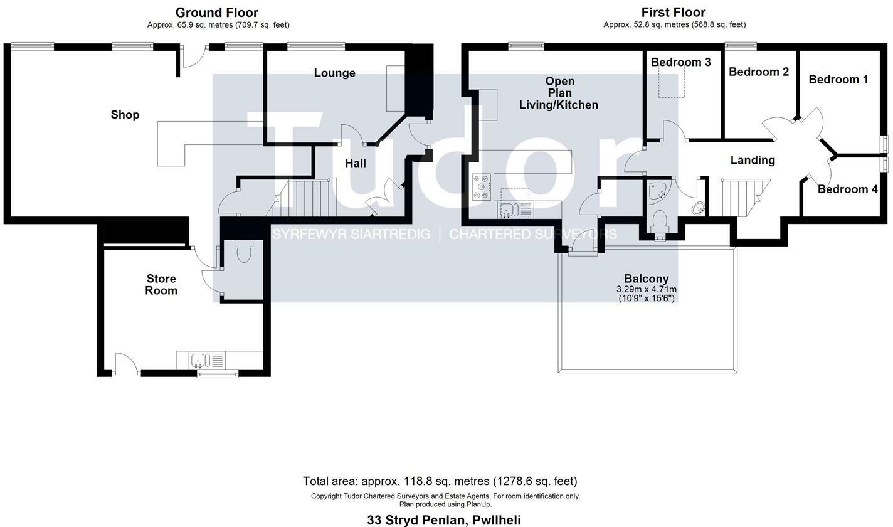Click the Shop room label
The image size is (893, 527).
coord(125,115)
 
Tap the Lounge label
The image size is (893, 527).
coord(334,73)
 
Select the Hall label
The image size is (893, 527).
coord(355,163)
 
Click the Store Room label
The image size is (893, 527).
coord(161,285)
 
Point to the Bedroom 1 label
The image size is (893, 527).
coord(838,80)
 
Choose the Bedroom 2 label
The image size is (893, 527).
coord(758,72)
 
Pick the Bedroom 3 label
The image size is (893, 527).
coord(680,62)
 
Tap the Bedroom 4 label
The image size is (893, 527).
coord(847,189)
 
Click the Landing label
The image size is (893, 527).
coord(752,161)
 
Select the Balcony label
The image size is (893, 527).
coord(646,279)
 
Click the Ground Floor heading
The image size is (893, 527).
coord(216,13)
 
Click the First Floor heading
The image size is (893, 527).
coord(673,13)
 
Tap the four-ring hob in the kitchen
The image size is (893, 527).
coord(481,187)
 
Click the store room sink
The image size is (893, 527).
coord(199,361)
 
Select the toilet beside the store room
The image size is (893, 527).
coord(244,252)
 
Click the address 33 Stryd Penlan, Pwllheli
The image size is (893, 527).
coord(443,520)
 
